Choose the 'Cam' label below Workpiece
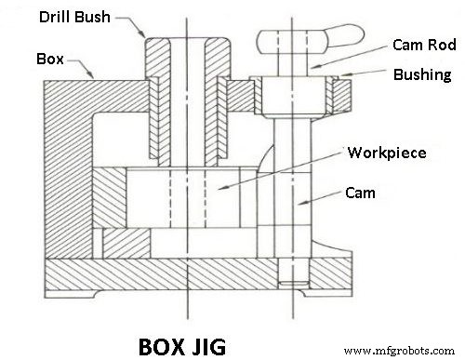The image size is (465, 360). [x=363, y=194]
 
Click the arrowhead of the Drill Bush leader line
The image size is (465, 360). [x=143, y=39]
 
